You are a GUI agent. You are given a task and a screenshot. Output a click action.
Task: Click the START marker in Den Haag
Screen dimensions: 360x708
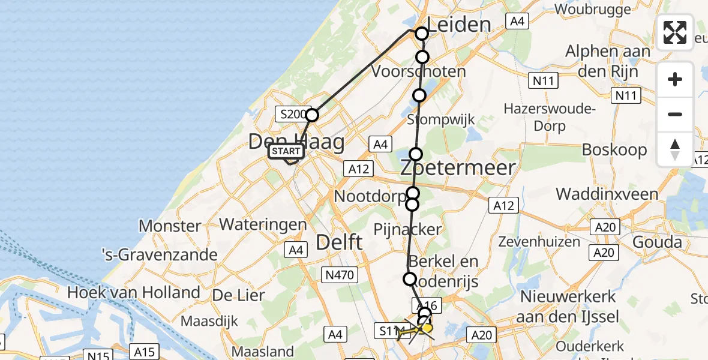(x=287, y=151)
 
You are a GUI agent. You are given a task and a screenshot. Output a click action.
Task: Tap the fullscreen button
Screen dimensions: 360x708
(x=675, y=32)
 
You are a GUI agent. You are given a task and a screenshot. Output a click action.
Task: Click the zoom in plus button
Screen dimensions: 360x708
(x=675, y=79)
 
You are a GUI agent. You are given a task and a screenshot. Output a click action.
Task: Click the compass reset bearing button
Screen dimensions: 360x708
(x=675, y=149)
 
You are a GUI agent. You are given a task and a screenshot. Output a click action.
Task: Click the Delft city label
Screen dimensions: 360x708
(x=339, y=242)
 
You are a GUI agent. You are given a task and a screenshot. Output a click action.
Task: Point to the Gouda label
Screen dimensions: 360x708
(x=658, y=242)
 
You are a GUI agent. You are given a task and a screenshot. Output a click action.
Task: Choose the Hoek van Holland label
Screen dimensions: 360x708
(x=134, y=292)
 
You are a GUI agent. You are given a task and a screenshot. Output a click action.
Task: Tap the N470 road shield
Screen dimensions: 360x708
(x=341, y=275)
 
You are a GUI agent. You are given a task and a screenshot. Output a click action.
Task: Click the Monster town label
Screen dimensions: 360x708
(x=170, y=226)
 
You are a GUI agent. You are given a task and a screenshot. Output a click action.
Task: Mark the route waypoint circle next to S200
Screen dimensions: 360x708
(x=312, y=115)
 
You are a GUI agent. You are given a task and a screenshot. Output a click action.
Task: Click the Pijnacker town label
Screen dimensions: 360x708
(x=408, y=229)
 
